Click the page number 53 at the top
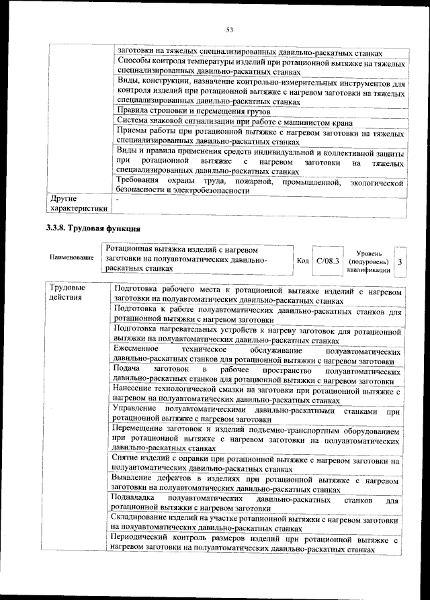coord(228,30)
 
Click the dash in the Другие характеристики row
coord(118,200)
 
